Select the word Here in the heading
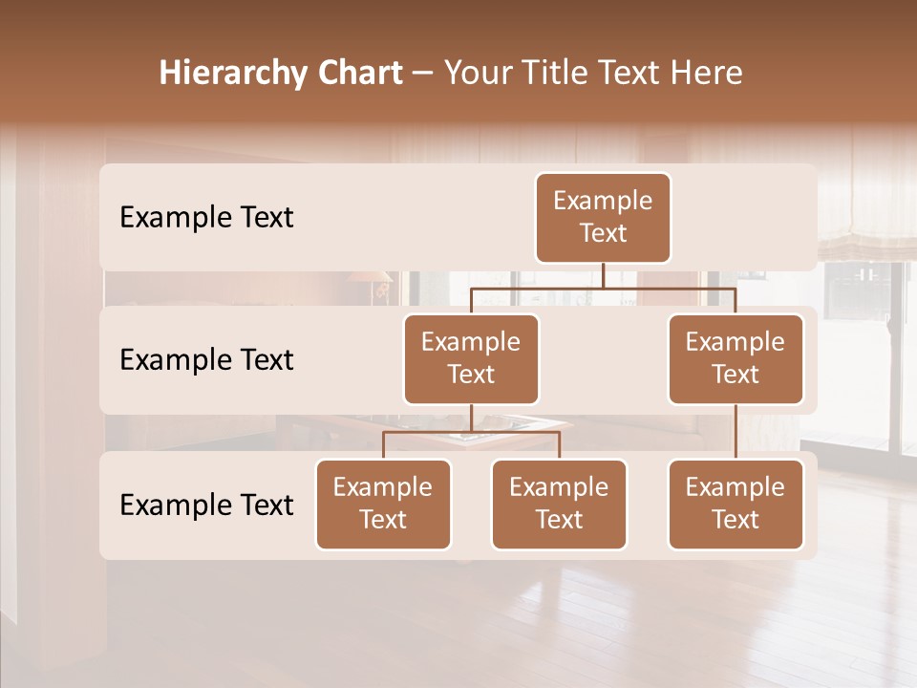[x=708, y=73]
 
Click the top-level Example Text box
[x=603, y=218]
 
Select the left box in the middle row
[x=471, y=359]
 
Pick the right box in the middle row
[x=736, y=359]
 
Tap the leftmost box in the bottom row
[x=383, y=505]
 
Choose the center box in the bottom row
[x=559, y=505]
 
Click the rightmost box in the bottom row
[x=736, y=505]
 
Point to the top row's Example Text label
[x=206, y=218]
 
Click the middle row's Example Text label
[x=206, y=360]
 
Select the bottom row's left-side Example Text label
[x=206, y=505]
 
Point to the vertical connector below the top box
[x=604, y=275]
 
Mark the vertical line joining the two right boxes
[x=736, y=432]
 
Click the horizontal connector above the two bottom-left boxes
[x=471, y=432]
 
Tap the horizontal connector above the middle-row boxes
[x=604, y=288]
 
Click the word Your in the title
[x=478, y=73]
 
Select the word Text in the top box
[x=603, y=233]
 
